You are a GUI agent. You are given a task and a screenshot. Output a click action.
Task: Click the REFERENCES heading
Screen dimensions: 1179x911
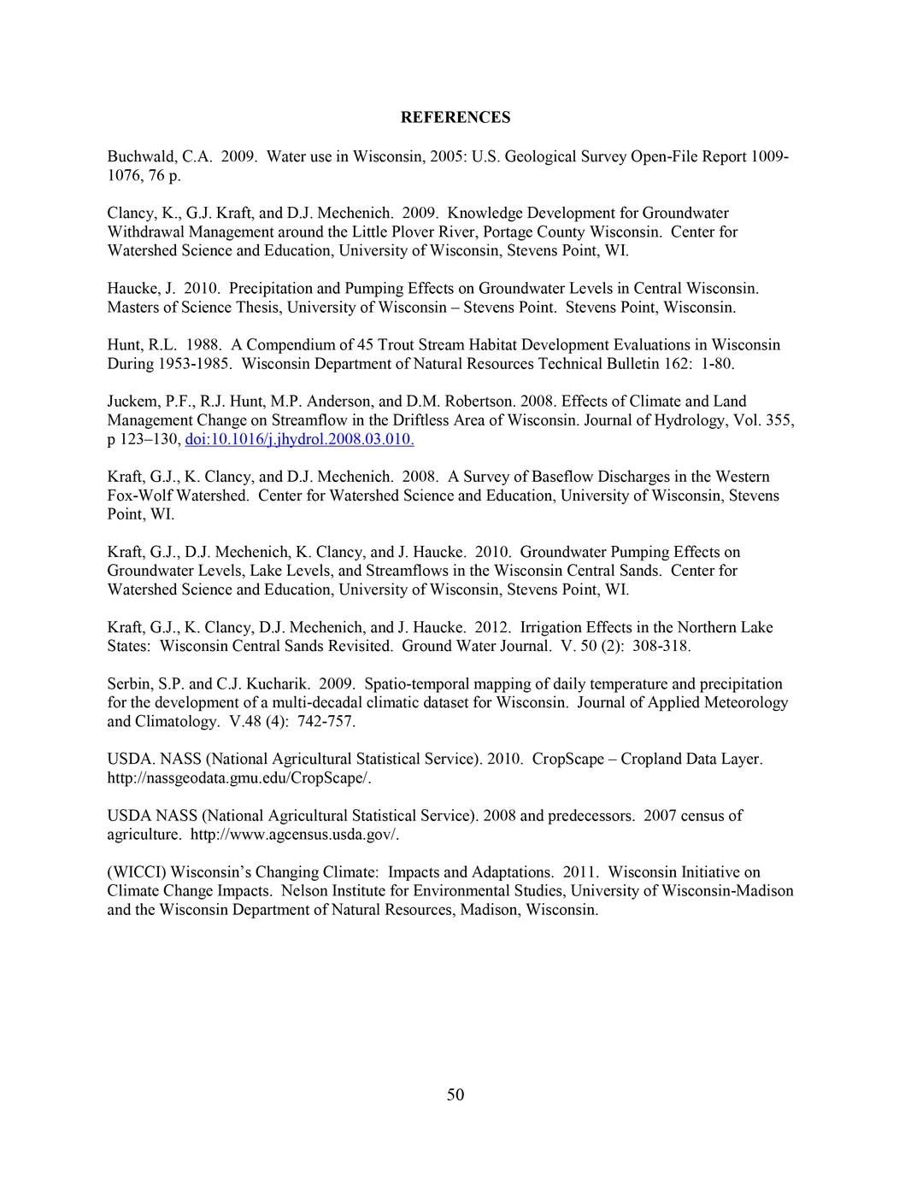(455, 118)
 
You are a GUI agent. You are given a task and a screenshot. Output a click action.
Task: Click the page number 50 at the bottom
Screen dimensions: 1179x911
(455, 1095)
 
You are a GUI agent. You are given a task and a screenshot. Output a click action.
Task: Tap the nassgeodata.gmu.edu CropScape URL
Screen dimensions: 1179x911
(239, 778)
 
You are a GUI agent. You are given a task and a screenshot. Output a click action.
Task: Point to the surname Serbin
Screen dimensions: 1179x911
(128, 683)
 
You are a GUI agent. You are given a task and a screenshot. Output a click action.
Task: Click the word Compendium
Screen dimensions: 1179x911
(291, 345)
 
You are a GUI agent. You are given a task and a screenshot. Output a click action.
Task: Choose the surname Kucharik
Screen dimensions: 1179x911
(280, 683)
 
